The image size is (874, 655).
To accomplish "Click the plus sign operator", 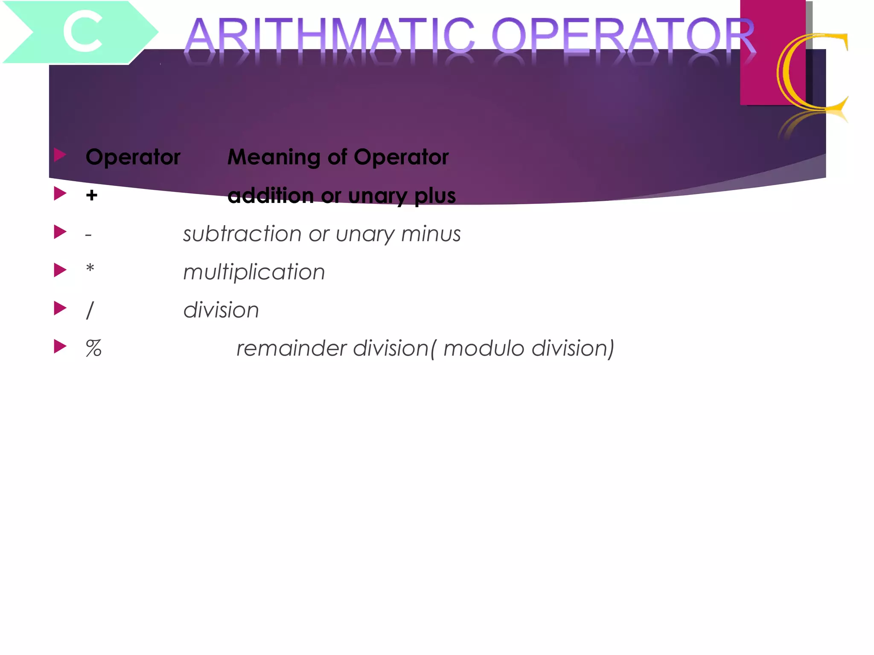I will point(91,195).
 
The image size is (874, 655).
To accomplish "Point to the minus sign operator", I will point(88,235).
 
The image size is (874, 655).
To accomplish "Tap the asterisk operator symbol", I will point(90,269).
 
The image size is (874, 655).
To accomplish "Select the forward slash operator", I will point(90,310).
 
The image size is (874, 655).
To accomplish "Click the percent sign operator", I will point(93,348).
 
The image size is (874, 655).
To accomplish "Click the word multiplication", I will point(254,272).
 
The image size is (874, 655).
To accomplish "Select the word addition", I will point(271,196).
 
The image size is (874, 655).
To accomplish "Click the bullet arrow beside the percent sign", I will point(60,346).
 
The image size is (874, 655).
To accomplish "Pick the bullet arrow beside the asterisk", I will point(60,270).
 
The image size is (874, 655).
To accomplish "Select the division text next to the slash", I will point(221,310).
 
